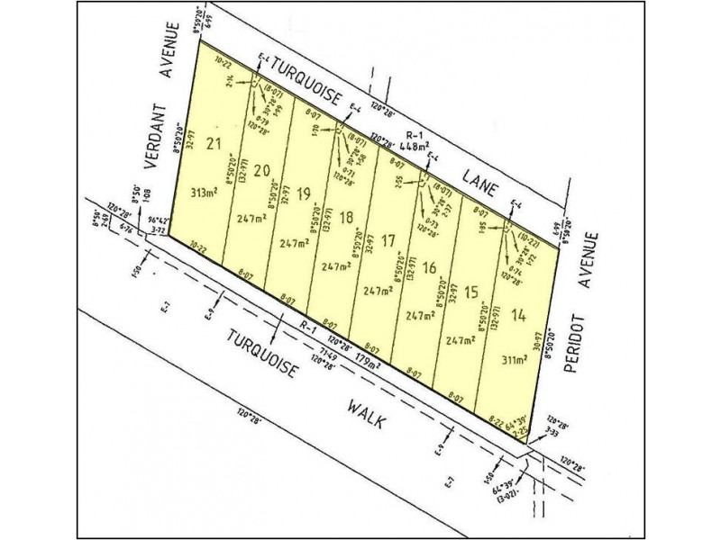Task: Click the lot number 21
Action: click(x=213, y=144)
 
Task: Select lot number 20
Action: click(x=262, y=170)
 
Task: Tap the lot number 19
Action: click(x=304, y=192)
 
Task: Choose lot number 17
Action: click(x=388, y=240)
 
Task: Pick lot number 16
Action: click(x=429, y=266)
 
